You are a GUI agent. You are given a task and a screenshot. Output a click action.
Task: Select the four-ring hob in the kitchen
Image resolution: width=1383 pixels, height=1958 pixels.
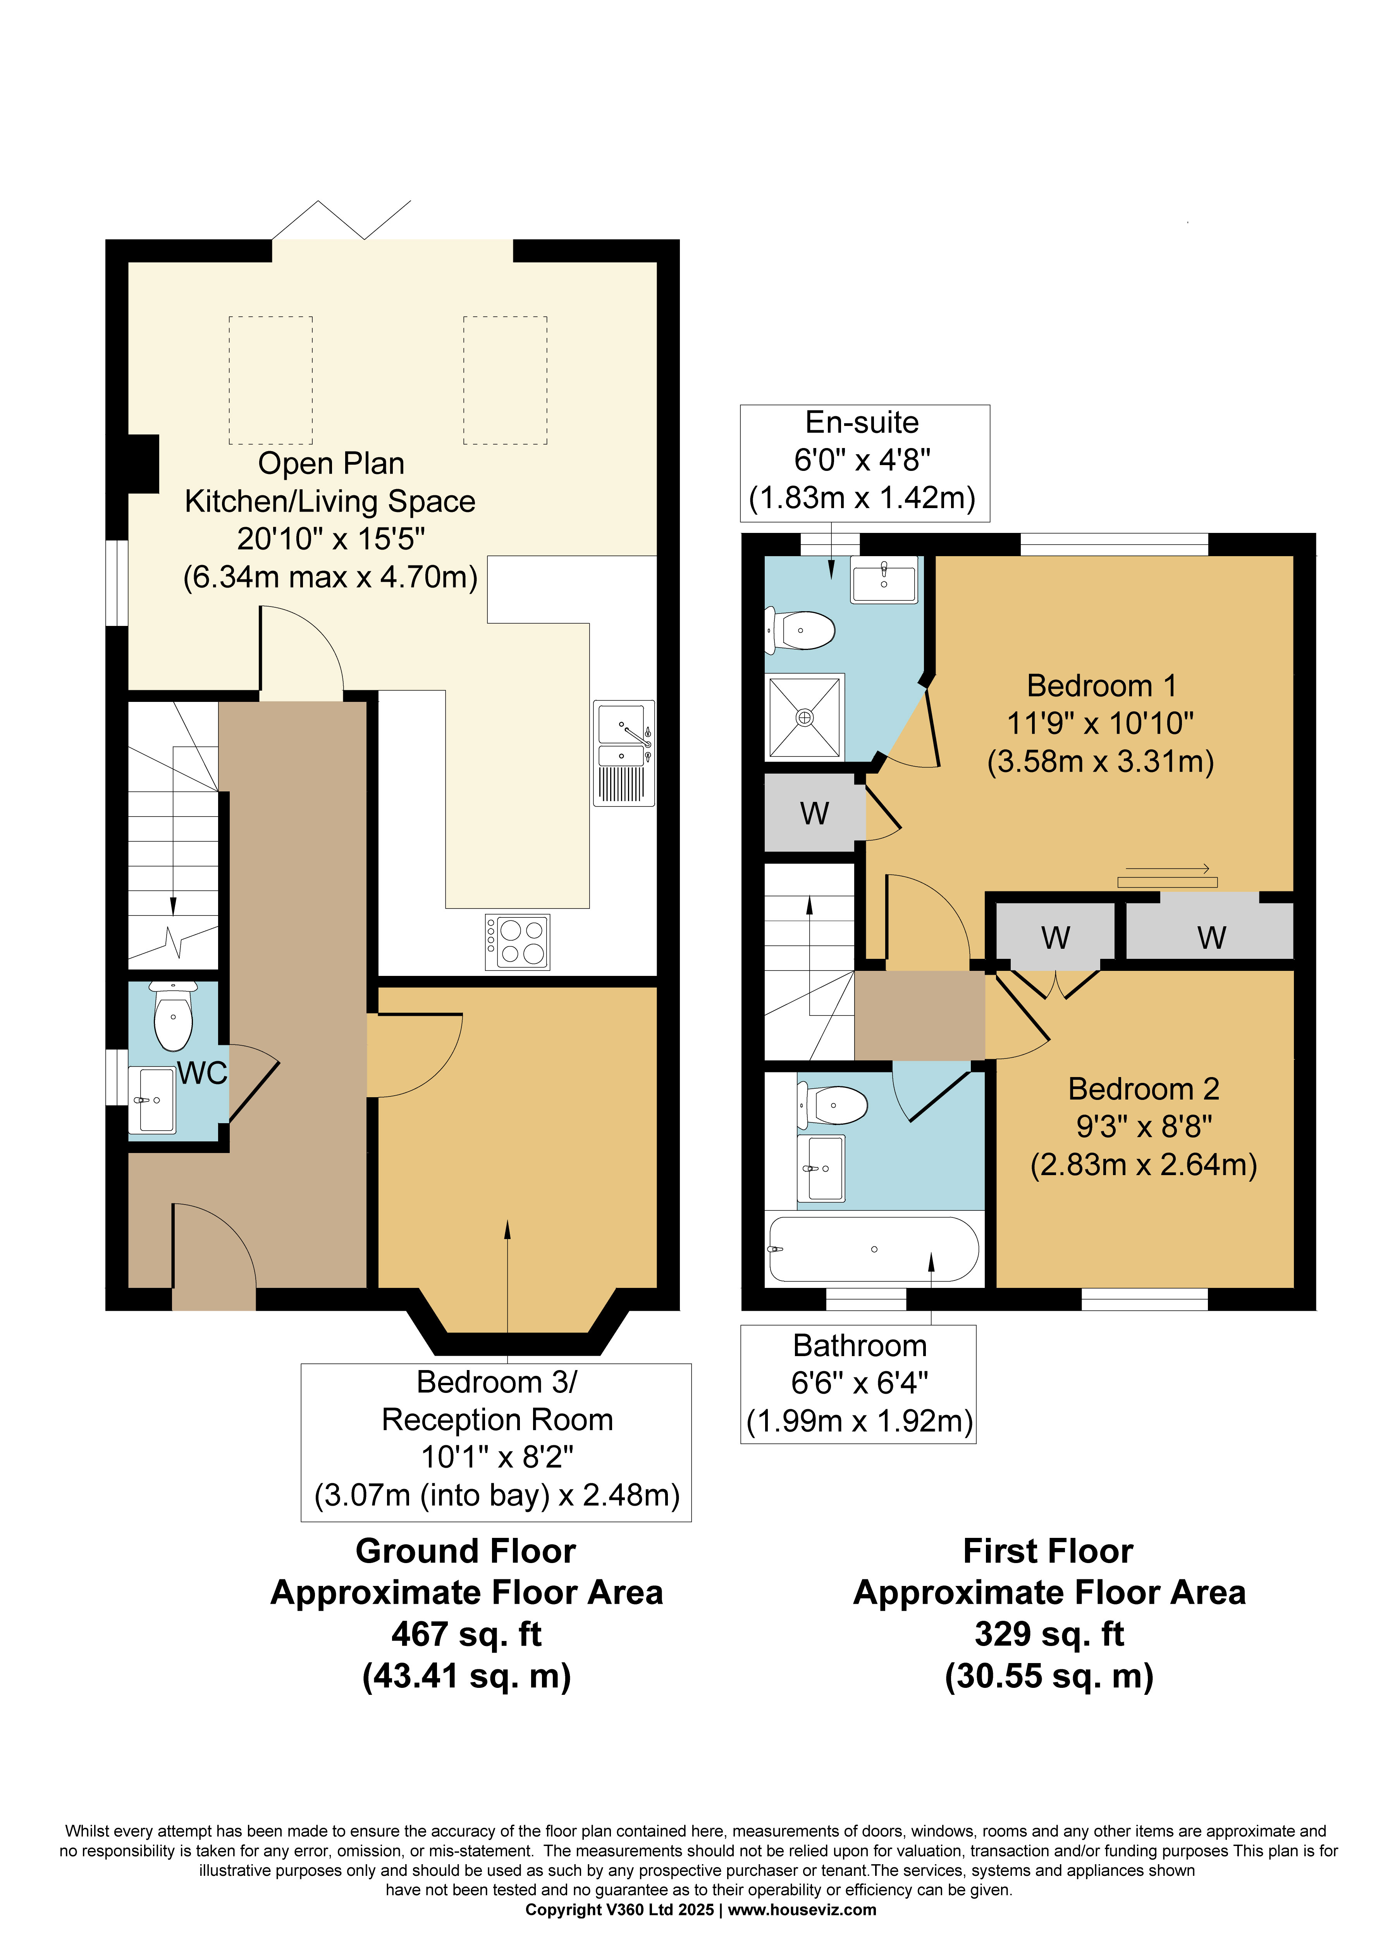click(518, 941)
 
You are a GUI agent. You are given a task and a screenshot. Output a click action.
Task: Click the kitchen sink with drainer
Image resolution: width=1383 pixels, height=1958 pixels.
click(624, 753)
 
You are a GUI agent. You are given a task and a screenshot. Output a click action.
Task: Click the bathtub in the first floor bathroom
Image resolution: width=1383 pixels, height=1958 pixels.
click(874, 1250)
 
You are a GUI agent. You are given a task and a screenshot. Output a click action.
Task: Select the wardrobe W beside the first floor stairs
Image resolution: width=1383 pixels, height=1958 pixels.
click(814, 814)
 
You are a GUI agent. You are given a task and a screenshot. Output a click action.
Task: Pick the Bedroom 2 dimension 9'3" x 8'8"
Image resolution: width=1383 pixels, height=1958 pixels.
click(1144, 1127)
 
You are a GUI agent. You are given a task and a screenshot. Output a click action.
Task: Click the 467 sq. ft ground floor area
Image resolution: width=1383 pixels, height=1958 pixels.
click(466, 1634)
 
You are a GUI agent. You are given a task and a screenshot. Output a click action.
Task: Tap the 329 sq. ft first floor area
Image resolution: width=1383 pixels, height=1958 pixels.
click(1049, 1634)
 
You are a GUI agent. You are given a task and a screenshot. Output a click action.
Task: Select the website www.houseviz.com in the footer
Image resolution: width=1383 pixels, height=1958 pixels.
click(802, 1910)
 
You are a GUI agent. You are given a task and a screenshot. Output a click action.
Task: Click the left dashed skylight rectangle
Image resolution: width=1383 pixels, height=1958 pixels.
click(270, 380)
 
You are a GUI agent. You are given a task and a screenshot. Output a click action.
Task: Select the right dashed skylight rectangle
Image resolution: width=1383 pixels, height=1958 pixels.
click(505, 380)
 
